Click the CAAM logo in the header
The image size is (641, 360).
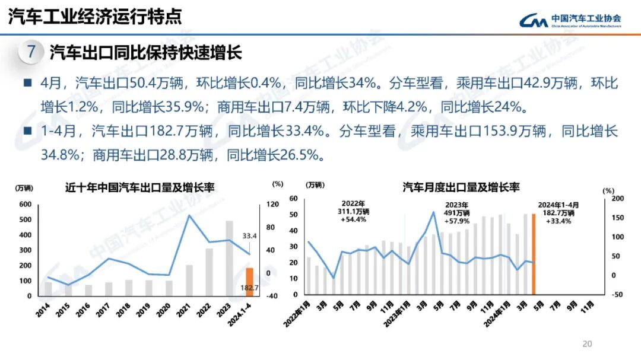coord(570,21)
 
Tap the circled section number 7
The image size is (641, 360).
coord(31,52)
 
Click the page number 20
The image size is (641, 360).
coord(588,344)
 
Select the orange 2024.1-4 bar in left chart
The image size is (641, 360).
coord(250,282)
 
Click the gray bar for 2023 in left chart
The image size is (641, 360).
coord(229,259)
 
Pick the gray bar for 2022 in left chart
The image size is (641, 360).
coord(209,272)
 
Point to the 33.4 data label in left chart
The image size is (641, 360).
coord(249,237)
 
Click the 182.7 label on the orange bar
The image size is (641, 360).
coord(250,288)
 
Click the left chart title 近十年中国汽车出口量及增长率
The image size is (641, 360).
coord(139,187)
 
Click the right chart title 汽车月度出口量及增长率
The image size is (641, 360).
coord(461,187)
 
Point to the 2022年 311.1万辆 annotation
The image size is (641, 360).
coord(353,211)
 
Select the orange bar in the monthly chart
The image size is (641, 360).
coord(534,254)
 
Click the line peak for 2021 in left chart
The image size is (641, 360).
coord(189,215)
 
